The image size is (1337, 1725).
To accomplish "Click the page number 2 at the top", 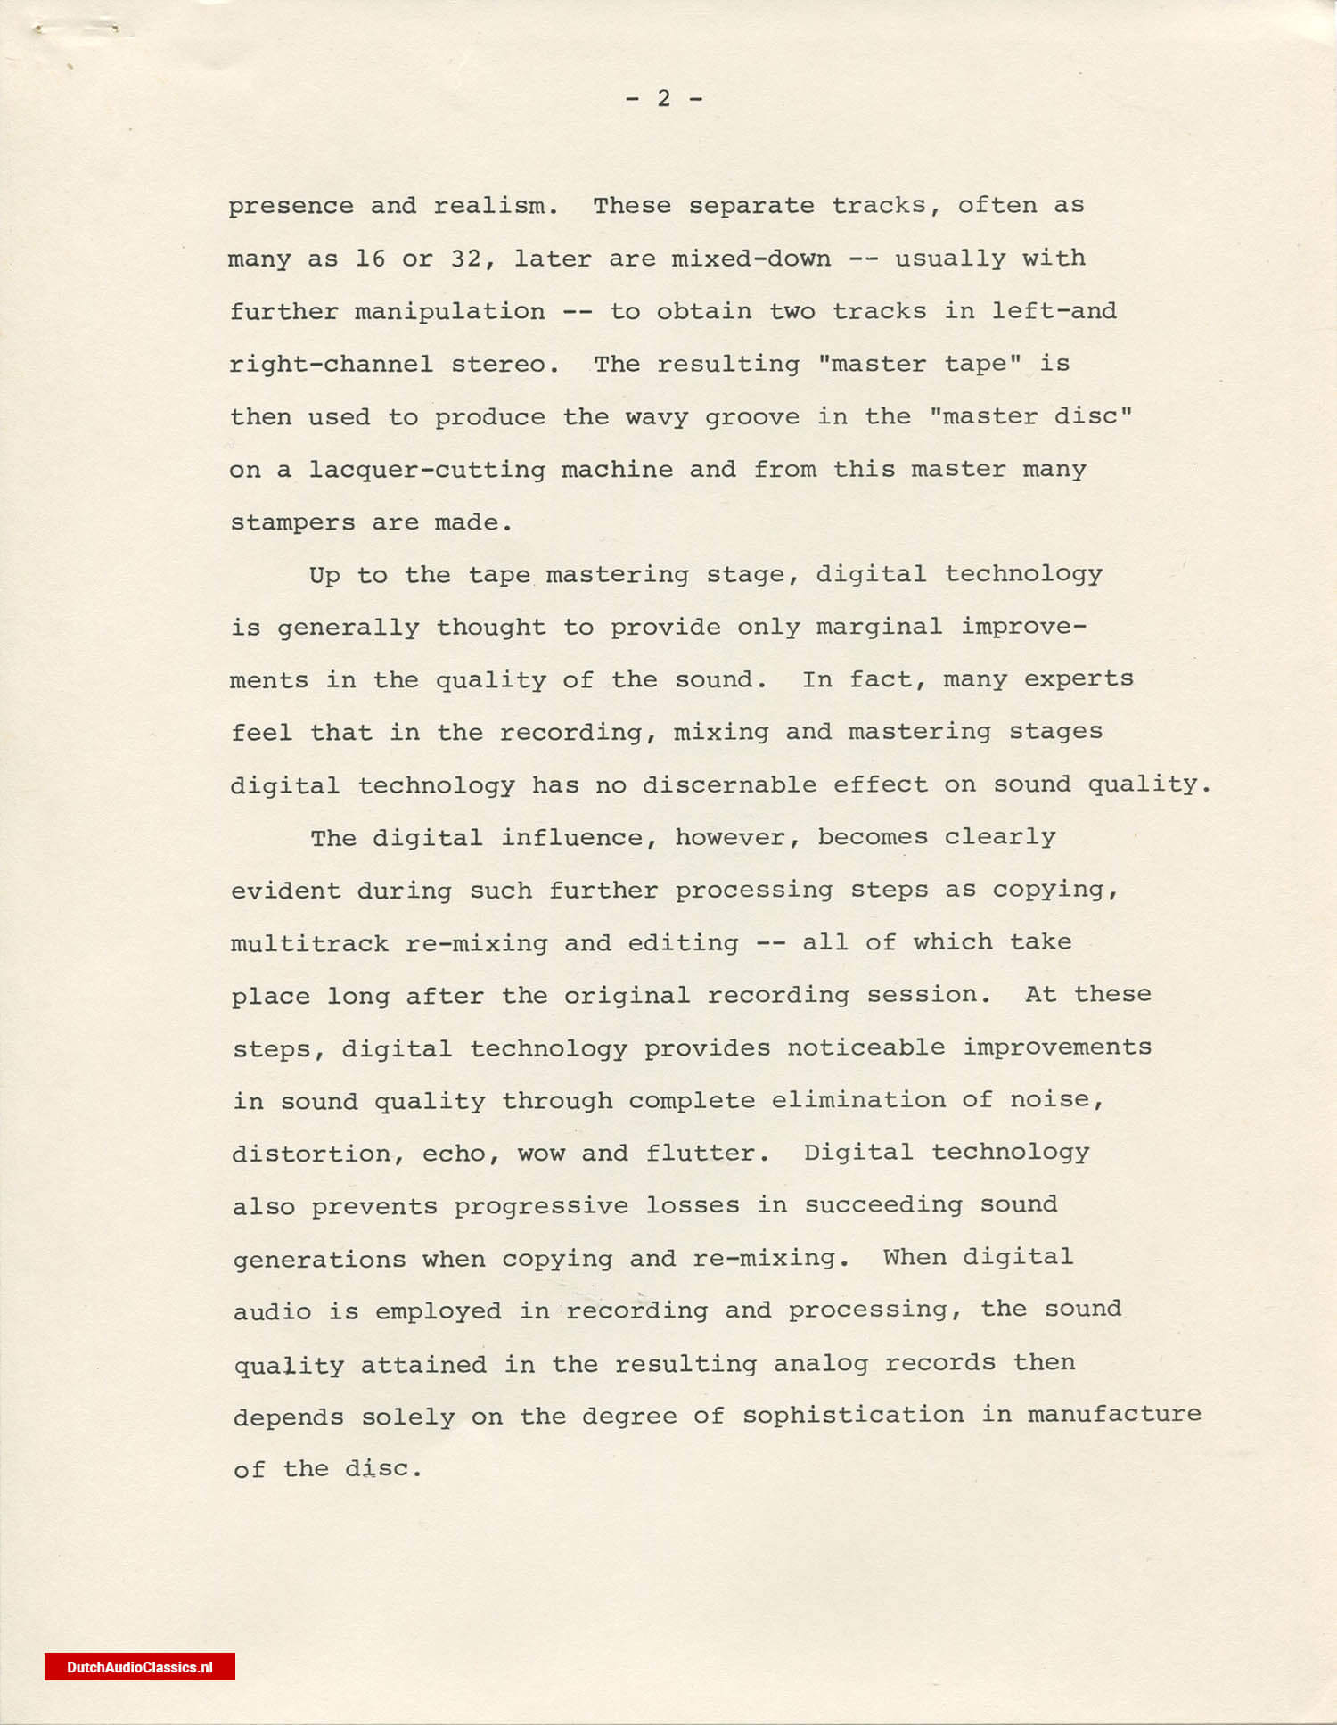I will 663,98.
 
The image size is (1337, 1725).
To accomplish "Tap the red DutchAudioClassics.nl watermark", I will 140,1667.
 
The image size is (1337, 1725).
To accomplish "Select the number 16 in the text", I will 370,259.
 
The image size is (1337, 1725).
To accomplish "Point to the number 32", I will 467,259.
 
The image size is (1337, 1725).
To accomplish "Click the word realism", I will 496,206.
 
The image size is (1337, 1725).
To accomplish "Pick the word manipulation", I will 449,312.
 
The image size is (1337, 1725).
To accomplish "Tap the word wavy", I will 657,417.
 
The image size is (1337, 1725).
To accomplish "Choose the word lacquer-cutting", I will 427,470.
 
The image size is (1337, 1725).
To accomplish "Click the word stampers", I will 292,522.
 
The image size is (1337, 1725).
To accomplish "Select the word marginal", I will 879,627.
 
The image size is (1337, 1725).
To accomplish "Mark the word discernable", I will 729,785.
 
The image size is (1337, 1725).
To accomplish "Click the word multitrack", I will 309,943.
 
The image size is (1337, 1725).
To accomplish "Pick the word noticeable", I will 865,1047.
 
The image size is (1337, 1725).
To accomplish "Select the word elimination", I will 858,1100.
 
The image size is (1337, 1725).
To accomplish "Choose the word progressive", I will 541,1206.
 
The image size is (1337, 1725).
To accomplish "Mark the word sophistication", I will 853,1416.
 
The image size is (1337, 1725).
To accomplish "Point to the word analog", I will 820,1364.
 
